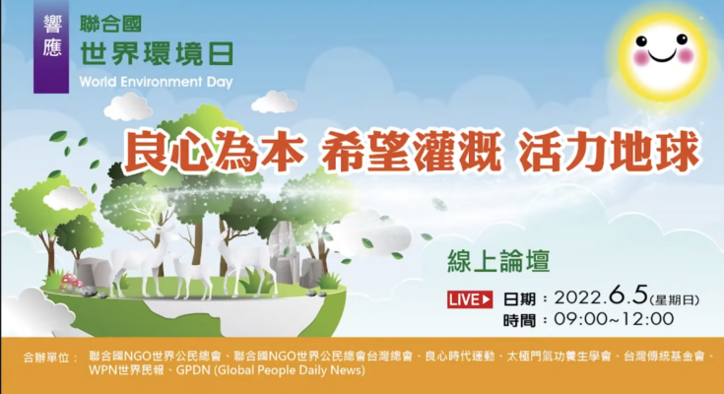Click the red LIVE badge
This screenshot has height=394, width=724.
pyautogui.click(x=470, y=299)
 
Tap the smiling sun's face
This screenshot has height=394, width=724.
pyautogui.click(x=662, y=55)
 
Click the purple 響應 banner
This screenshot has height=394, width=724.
pyautogui.click(x=51, y=46)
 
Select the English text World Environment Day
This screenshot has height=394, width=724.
pyautogui.click(x=156, y=82)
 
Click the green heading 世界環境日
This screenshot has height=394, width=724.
pyautogui.click(x=157, y=53)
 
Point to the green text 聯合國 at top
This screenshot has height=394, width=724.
pyautogui.click(x=110, y=24)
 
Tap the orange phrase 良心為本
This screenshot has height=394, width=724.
pyautogui.click(x=214, y=150)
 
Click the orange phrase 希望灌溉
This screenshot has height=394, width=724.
pyautogui.click(x=411, y=150)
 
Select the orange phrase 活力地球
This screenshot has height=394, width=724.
pyautogui.click(x=608, y=150)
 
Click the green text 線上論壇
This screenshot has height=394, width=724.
pyautogui.click(x=498, y=261)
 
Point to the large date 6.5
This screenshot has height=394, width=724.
pyautogui.click(x=628, y=295)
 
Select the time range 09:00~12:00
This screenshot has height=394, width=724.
pyautogui.click(x=614, y=319)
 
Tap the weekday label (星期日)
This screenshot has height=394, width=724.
pyautogui.click(x=675, y=299)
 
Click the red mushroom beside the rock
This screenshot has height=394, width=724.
pyautogui.click(x=70, y=281)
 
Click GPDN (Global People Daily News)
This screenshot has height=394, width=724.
pyautogui.click(x=271, y=370)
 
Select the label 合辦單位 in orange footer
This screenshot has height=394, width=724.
pyautogui.click(x=51, y=358)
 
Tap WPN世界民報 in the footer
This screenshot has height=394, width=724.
pyautogui.click(x=126, y=370)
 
